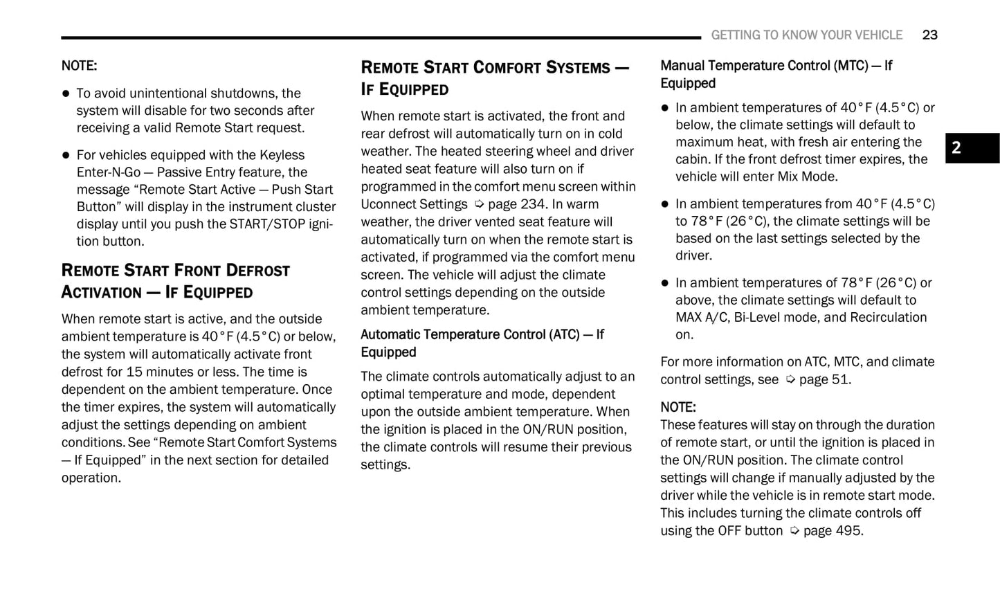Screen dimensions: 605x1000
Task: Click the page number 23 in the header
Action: (929, 35)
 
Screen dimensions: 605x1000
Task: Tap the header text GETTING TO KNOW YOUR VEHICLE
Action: (806, 35)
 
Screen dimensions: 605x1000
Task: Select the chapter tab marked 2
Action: (972, 147)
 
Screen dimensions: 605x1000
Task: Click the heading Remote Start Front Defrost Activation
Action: (175, 280)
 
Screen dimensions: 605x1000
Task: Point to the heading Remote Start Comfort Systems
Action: (494, 78)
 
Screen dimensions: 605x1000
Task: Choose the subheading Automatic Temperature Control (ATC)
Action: (482, 343)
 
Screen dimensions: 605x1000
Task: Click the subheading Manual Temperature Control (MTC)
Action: (776, 74)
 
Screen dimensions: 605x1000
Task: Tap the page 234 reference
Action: (516, 204)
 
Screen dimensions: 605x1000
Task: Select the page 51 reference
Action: (824, 379)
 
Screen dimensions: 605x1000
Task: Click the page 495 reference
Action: (833, 531)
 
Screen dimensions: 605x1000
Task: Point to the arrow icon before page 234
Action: (478, 204)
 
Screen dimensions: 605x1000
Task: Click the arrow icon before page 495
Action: (794, 531)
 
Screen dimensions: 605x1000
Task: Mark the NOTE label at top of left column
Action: (79, 66)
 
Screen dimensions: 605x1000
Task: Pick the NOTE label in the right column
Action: (678, 407)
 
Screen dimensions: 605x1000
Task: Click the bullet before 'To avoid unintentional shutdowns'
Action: (66, 93)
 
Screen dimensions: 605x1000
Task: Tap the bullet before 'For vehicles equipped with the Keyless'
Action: (66, 155)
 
